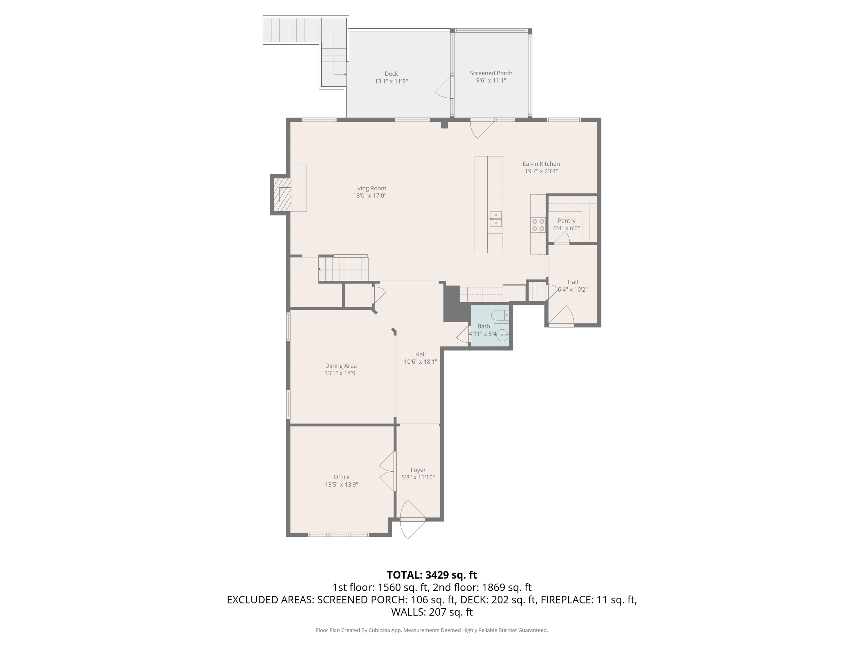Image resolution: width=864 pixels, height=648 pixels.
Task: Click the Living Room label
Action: click(x=370, y=188)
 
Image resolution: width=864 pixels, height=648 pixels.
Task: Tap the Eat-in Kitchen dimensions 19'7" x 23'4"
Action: click(x=541, y=171)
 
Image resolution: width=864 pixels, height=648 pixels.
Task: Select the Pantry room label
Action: click(x=566, y=221)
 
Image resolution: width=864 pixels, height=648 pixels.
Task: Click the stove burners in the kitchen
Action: click(x=538, y=225)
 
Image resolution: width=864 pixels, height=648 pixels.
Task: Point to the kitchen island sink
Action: click(x=496, y=219)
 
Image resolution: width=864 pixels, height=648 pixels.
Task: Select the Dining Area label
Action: click(x=341, y=366)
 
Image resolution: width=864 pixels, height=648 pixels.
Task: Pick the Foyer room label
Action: click(x=418, y=470)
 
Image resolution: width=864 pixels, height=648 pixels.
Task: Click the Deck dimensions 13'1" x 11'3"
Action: click(x=391, y=81)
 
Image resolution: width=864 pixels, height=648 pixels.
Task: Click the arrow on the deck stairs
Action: click(x=344, y=74)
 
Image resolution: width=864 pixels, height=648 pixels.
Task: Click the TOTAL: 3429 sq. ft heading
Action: click(x=432, y=575)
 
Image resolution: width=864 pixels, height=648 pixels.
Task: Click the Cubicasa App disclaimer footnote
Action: click(x=432, y=630)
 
